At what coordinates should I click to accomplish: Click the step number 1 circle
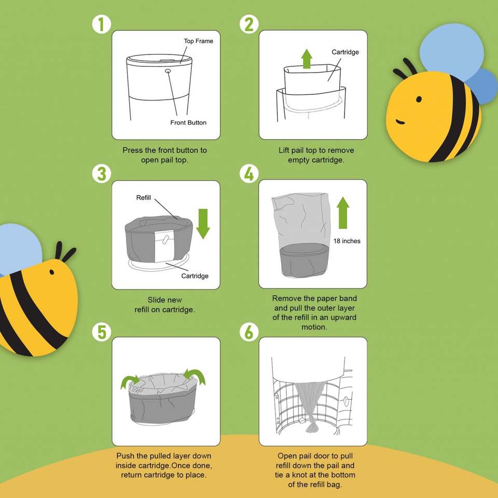tap(102, 24)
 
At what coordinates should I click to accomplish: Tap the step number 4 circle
tap(248, 174)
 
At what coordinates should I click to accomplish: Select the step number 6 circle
tap(248, 332)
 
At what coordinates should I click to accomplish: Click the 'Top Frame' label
tap(199, 41)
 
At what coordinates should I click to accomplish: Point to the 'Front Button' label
tap(188, 122)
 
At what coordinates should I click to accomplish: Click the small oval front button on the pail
tap(168, 71)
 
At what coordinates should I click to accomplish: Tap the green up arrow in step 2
tap(307, 59)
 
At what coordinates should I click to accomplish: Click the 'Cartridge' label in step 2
tap(345, 52)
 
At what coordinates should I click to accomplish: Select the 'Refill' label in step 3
tap(144, 198)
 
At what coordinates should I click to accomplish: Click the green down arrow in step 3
tap(203, 224)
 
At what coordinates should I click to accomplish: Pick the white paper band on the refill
tap(164, 246)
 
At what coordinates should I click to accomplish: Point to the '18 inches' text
tap(347, 241)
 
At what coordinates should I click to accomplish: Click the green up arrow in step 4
tap(343, 213)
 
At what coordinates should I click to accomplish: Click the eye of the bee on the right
tap(419, 100)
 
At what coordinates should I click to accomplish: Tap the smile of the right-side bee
tap(400, 122)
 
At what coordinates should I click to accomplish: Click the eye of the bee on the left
tap(51, 272)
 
